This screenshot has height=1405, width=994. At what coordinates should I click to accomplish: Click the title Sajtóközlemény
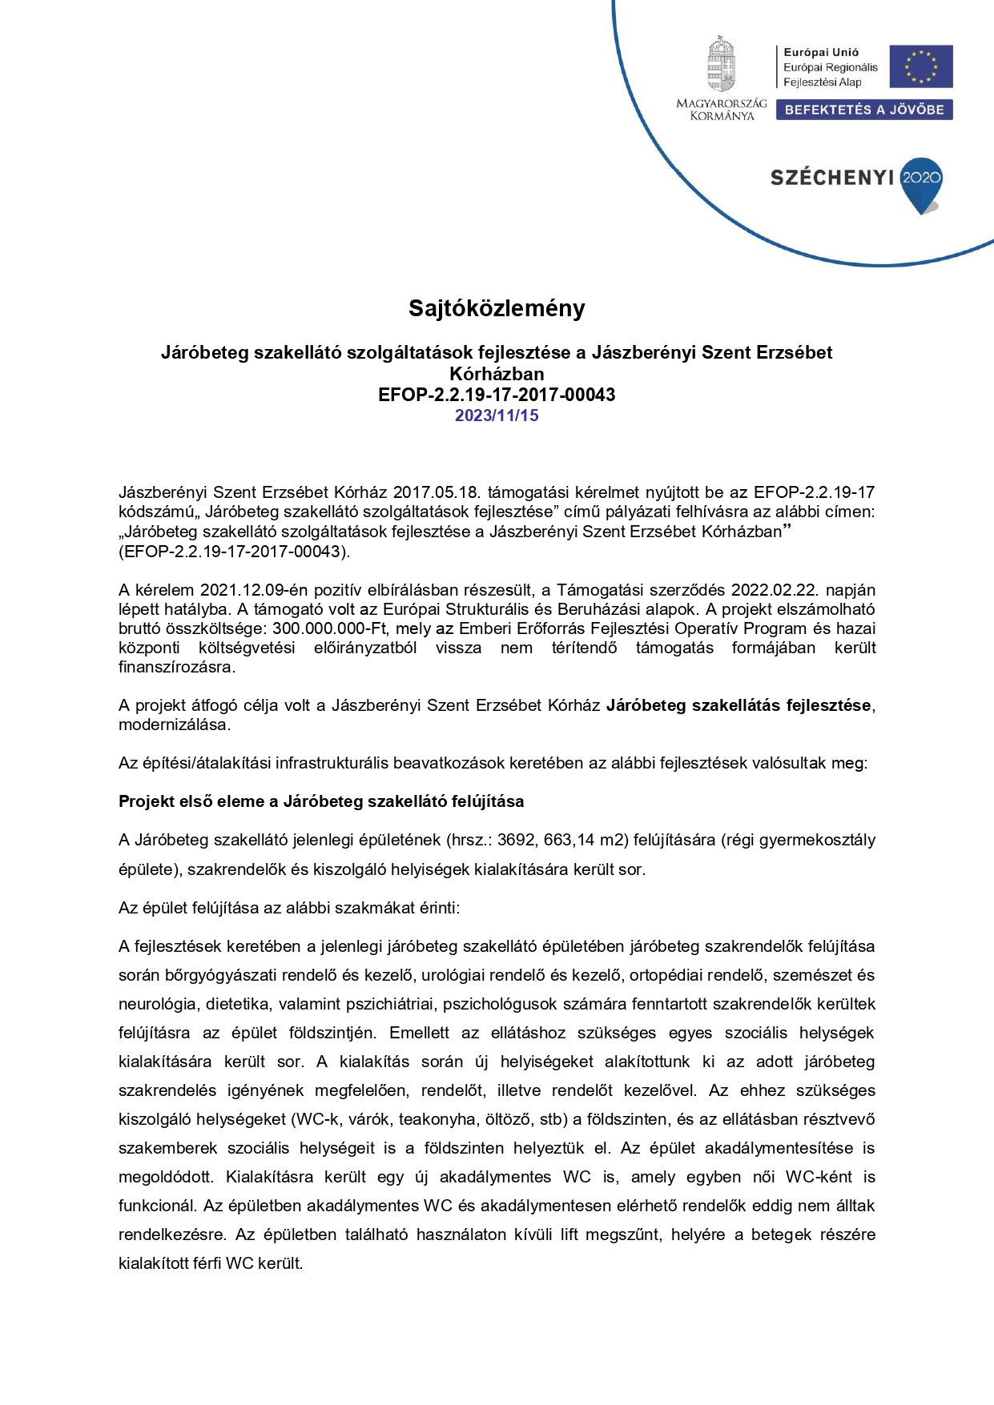click(x=497, y=308)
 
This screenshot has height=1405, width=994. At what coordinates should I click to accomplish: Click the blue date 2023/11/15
click(x=497, y=415)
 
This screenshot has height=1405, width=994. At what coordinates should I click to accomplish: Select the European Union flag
click(x=920, y=66)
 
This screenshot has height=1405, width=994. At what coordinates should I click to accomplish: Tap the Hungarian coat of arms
click(x=721, y=64)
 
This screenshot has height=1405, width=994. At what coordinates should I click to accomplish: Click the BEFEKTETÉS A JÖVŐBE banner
click(x=864, y=110)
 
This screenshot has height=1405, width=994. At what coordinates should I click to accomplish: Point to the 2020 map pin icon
click(x=921, y=183)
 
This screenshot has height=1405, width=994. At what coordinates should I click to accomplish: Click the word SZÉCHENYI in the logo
click(x=831, y=178)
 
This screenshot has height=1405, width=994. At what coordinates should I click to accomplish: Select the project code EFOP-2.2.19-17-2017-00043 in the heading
click(x=497, y=395)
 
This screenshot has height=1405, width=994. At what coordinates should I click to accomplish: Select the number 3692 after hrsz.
click(x=517, y=840)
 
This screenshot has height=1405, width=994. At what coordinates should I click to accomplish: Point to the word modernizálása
click(x=174, y=725)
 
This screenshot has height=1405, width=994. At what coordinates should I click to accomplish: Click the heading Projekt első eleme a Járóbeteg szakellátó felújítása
click(x=321, y=801)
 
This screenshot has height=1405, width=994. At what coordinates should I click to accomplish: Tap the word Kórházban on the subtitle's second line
click(x=497, y=374)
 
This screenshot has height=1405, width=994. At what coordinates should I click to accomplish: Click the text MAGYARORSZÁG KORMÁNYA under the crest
click(x=722, y=110)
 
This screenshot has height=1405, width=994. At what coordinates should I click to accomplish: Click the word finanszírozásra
click(x=176, y=667)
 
